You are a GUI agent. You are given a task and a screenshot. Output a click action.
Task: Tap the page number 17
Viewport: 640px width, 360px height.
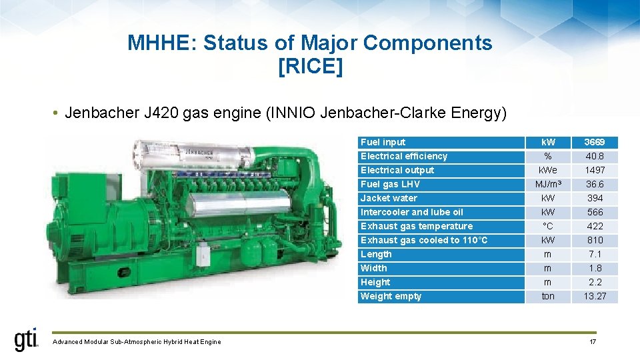coord(593,342)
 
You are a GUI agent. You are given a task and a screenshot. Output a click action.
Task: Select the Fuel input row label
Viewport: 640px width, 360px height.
coord(383,142)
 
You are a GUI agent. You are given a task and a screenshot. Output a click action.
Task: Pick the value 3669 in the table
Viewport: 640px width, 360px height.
coord(595,142)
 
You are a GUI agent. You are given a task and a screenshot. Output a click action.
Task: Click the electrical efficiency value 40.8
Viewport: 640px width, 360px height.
coord(595,156)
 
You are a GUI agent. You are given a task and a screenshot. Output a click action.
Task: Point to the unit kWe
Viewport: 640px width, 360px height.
coord(548,170)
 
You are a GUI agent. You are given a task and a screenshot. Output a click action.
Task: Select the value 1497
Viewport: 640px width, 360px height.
coord(595,170)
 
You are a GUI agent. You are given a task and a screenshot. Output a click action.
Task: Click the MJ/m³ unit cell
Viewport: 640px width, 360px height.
coord(548,184)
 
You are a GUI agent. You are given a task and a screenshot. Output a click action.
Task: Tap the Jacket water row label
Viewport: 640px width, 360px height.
coord(389,198)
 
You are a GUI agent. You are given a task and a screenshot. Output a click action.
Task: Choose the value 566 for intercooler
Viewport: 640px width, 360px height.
coord(595,212)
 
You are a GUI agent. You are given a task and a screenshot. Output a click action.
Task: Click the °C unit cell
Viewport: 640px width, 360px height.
coord(548,226)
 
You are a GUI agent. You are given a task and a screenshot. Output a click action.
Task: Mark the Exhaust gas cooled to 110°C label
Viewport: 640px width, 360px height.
coord(424,240)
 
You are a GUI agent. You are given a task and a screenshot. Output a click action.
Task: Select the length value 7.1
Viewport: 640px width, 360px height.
coord(595,254)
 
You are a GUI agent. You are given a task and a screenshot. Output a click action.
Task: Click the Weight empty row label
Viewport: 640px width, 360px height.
coord(391,296)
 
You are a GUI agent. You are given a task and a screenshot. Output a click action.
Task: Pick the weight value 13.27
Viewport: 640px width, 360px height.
coord(595,296)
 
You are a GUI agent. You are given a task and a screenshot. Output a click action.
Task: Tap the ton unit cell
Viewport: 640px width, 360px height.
coord(548,296)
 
